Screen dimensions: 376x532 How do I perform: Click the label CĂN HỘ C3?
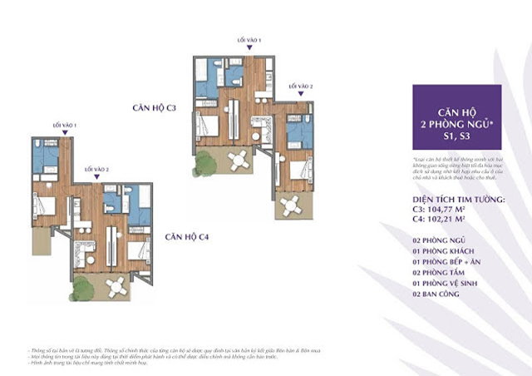tap(154, 108)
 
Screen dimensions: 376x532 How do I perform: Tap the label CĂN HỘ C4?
tap(186, 237)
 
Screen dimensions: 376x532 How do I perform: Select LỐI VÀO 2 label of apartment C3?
tap(300, 85)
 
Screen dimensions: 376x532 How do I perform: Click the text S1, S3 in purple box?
tap(456, 136)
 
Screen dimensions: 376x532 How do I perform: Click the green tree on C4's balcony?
tap(82, 288)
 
